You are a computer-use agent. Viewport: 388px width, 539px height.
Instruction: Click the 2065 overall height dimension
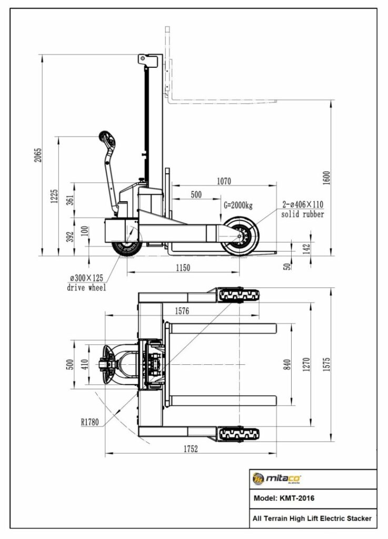(x=38, y=155)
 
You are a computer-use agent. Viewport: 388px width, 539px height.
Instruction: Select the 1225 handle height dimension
(x=54, y=196)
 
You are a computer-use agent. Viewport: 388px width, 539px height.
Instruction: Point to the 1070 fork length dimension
(x=224, y=181)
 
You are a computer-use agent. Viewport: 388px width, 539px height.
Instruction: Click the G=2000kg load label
(x=238, y=204)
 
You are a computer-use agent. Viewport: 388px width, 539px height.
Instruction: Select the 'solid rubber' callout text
(x=302, y=215)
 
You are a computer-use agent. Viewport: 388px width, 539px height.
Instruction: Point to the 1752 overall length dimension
(x=190, y=448)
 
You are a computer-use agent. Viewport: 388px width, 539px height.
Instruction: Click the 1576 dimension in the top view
(x=182, y=311)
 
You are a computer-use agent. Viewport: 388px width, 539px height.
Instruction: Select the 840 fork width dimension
(x=287, y=364)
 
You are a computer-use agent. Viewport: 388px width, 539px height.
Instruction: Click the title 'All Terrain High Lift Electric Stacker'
(x=312, y=518)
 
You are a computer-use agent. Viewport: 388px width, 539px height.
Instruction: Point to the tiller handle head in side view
(x=107, y=141)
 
